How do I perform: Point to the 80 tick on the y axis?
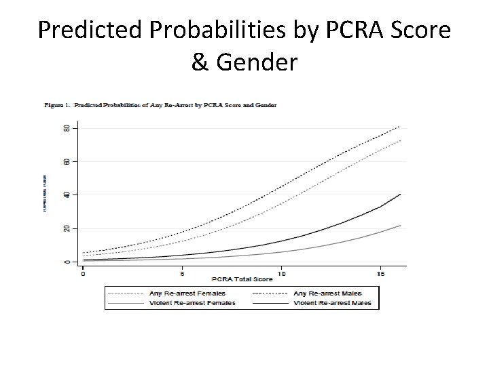coord(67,128)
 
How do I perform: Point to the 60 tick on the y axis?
coord(67,161)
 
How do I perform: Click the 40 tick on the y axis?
coord(67,195)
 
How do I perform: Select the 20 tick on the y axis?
coord(67,228)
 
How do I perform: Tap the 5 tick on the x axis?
coord(182,273)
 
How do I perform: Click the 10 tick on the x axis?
coord(282,273)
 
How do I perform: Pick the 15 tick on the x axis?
coord(381,273)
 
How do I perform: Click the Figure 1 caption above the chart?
coord(160,105)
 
